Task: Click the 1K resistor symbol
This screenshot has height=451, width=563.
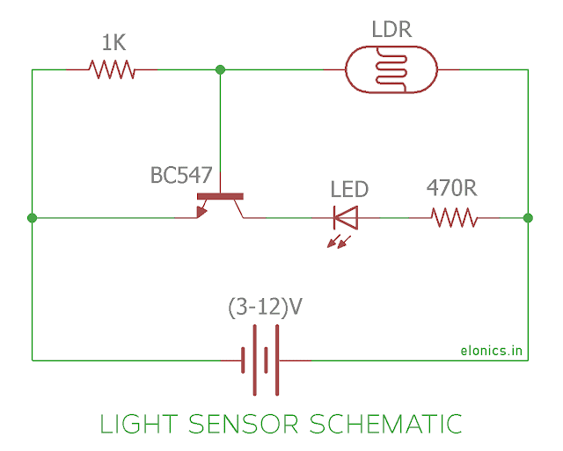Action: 112,69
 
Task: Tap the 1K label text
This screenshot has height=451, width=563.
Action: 112,42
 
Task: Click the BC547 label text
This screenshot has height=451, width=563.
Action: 180,175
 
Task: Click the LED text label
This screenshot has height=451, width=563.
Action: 349,189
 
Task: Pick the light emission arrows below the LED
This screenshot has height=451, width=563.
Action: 339,240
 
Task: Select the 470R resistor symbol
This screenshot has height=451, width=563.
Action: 453,217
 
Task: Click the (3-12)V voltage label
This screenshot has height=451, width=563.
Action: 264,309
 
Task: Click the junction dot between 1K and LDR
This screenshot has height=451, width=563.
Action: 220,69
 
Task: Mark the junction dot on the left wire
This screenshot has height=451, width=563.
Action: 32,218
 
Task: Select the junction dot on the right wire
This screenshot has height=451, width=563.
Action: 528,218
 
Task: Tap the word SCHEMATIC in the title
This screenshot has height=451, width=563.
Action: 385,424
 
